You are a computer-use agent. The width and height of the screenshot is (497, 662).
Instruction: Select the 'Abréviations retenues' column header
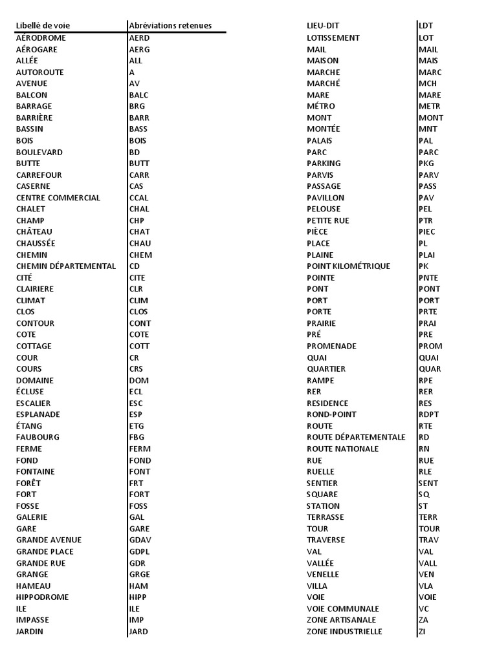pos(170,26)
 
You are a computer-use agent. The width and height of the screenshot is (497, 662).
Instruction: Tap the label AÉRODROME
pos(41,37)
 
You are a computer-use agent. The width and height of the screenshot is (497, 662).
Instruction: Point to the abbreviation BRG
pos(137,106)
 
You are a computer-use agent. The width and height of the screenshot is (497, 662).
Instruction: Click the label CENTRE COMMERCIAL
pos(58,198)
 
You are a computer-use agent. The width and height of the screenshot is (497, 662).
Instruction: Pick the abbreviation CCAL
pos(139,198)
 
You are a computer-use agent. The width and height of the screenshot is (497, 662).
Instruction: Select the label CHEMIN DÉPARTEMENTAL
pos(66,266)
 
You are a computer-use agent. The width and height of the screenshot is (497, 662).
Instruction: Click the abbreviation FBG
pos(137,438)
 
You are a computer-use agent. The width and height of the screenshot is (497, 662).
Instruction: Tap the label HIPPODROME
pos(42,597)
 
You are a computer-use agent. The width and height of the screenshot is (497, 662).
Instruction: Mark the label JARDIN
pos(30,632)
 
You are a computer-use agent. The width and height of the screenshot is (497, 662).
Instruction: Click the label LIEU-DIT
pos(323,26)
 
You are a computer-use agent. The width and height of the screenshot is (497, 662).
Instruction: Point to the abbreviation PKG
pos(426,164)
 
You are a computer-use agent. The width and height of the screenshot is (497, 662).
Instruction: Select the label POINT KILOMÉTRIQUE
pos(348,266)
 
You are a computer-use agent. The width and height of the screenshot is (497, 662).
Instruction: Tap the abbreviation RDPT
pos(429,414)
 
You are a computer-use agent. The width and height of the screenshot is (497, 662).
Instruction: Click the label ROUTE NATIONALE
pos(343,449)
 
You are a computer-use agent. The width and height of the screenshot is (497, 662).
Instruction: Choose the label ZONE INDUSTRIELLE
pos(344,632)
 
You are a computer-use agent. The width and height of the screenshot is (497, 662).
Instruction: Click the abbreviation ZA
pos(424,620)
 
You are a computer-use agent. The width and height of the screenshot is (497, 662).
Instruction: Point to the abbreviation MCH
pos(428,83)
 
